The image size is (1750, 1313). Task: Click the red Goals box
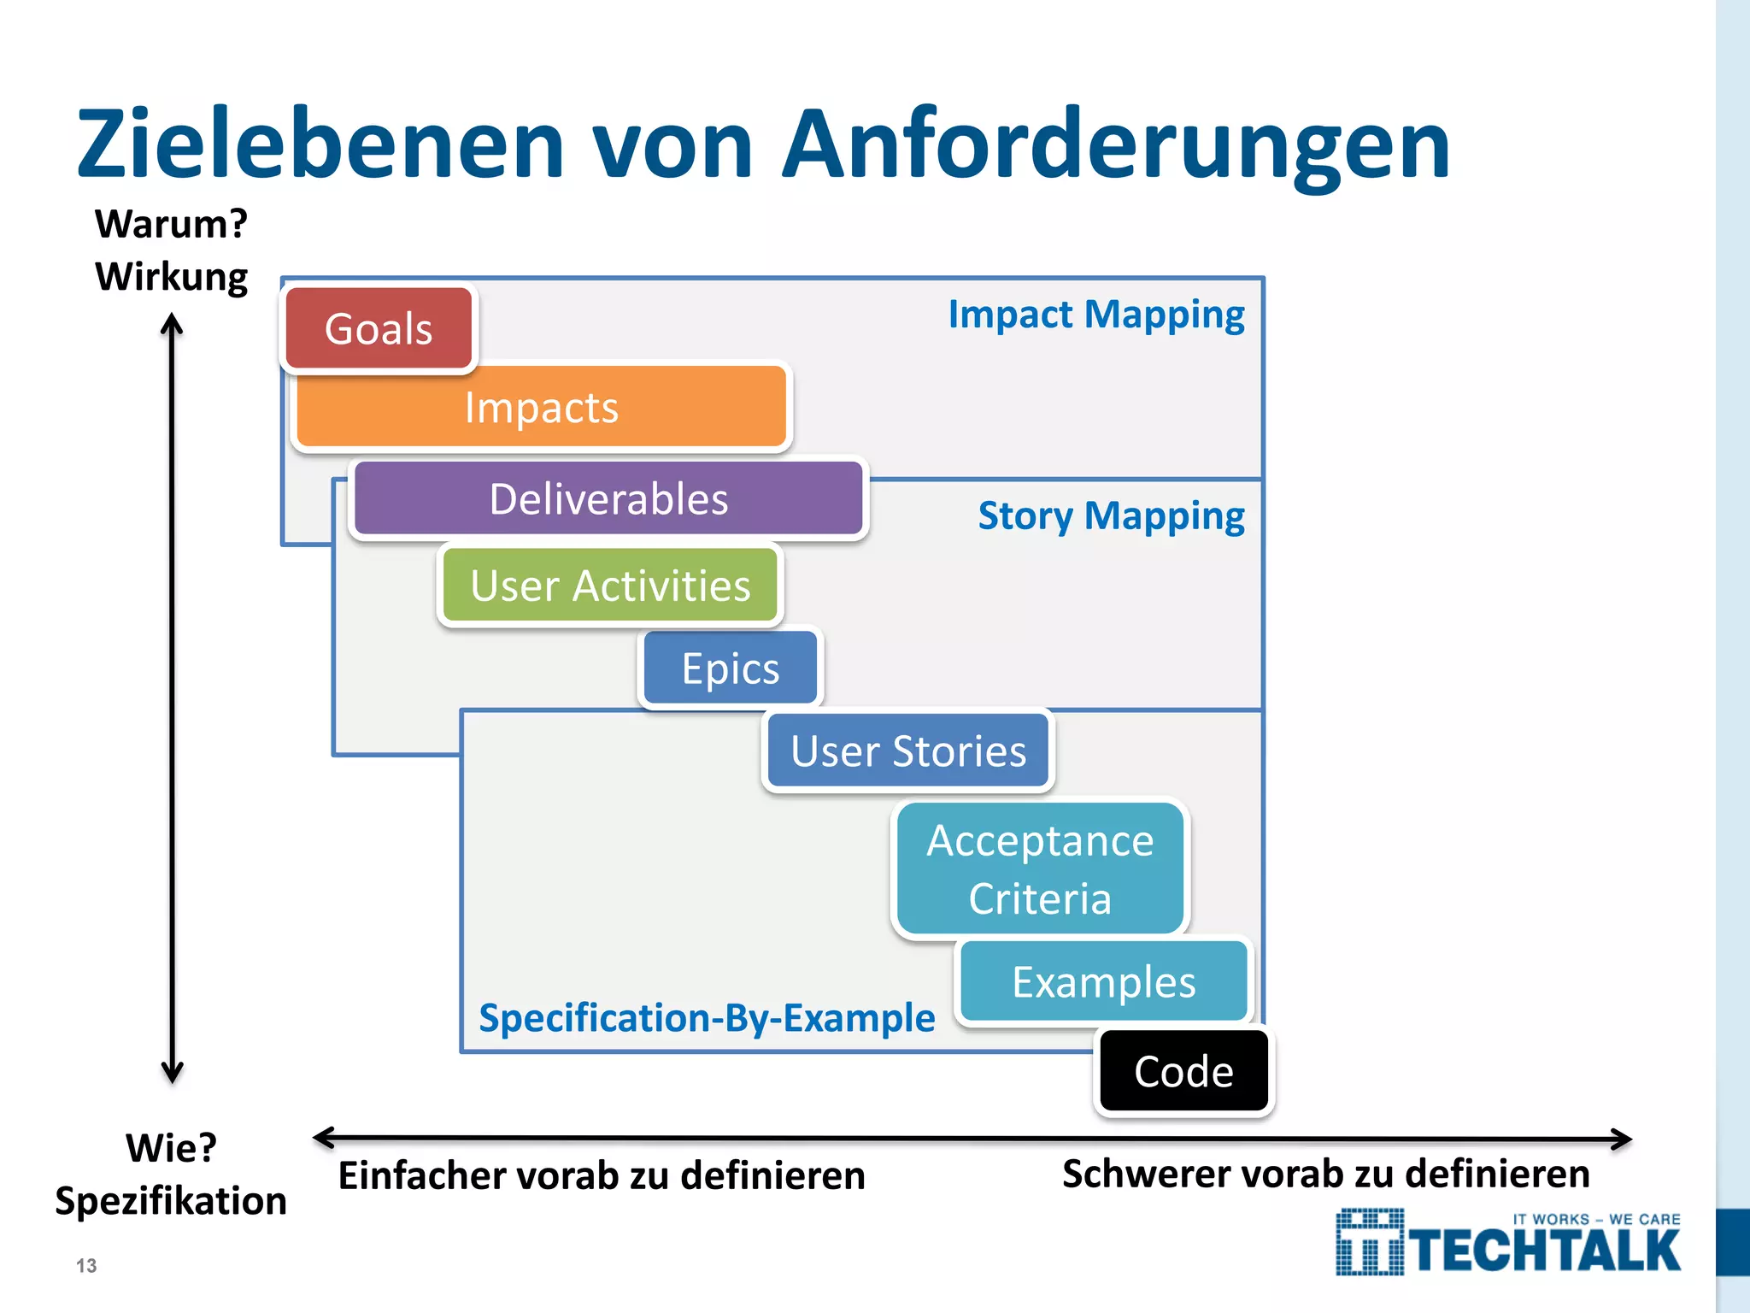pyautogui.click(x=379, y=329)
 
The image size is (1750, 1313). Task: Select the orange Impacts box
pyautogui.click(x=541, y=407)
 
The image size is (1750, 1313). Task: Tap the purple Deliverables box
pyautogui.click(x=608, y=499)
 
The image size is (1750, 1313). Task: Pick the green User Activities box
pyautogui.click(x=610, y=586)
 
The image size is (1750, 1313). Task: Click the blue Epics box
pyautogui.click(x=731, y=668)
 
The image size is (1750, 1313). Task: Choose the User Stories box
pyautogui.click(x=908, y=751)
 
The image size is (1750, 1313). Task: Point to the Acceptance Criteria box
pyautogui.click(x=1040, y=868)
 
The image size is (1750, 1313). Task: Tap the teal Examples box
pyautogui.click(x=1104, y=982)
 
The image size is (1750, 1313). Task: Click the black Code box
pyautogui.click(x=1183, y=1072)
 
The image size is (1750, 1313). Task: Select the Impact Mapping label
pyautogui.click(x=1096, y=315)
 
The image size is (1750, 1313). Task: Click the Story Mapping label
pyautogui.click(x=1111, y=516)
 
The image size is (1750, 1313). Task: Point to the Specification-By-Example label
pyautogui.click(x=707, y=1018)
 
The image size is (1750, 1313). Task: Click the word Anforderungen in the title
pyautogui.click(x=1116, y=145)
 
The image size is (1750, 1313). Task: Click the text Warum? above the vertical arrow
pyautogui.click(x=171, y=224)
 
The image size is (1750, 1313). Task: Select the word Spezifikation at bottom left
pyautogui.click(x=171, y=1201)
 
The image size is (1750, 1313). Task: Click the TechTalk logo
pyautogui.click(x=1508, y=1244)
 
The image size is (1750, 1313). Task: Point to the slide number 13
pyautogui.click(x=86, y=1266)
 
